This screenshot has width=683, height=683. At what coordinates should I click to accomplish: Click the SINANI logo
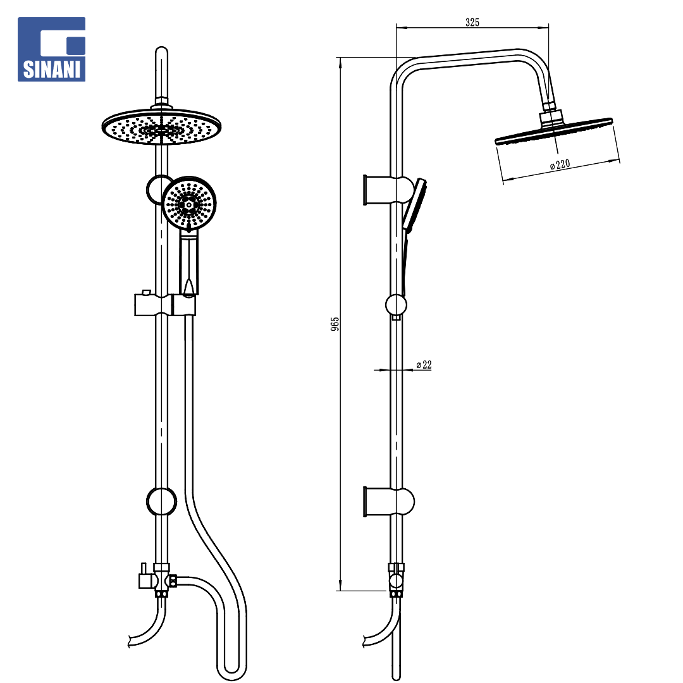coord(51,49)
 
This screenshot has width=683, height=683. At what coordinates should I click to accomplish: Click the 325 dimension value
coord(472,22)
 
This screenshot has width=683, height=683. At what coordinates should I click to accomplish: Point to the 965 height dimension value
coord(335,324)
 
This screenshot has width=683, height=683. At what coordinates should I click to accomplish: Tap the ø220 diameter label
coord(560,164)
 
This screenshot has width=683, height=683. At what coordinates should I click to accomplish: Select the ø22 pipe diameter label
coord(424,365)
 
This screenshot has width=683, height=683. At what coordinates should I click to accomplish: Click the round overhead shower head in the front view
coord(162,126)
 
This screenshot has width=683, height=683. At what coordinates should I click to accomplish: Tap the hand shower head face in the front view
coord(189,203)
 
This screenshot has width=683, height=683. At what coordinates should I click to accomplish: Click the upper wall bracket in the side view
coord(388,190)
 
